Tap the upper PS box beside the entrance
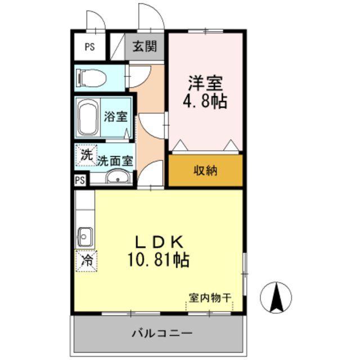click(90, 47)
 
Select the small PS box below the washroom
click(79, 180)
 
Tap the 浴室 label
click(116, 118)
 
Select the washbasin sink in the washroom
click(118, 179)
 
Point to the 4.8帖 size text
click(206, 102)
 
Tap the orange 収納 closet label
click(206, 170)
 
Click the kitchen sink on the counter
click(85, 236)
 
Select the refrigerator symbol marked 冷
click(87, 260)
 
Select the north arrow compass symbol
click(277, 297)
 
